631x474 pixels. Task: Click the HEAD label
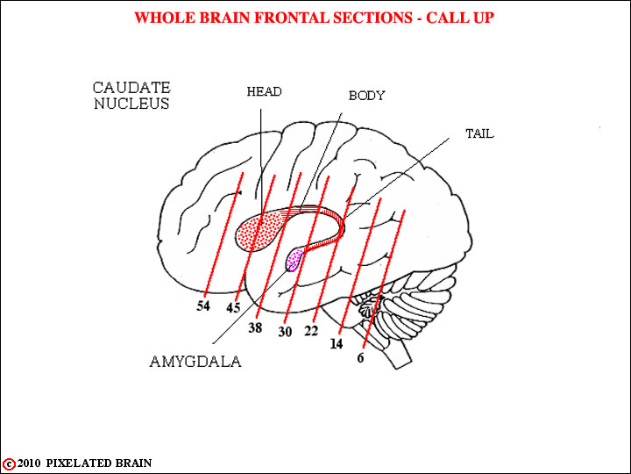coord(264,92)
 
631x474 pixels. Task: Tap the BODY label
coord(366,96)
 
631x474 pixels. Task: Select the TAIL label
coord(479,133)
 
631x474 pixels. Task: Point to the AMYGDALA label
coord(195,362)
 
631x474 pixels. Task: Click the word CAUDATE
coord(131,88)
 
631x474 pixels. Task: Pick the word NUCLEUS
coord(131,104)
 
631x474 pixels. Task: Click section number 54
coord(203,306)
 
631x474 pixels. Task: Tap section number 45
coord(233,308)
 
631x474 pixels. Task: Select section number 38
coord(255,327)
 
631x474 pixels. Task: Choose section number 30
coord(285,332)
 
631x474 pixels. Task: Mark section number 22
coord(311,331)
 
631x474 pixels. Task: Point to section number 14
coord(337,344)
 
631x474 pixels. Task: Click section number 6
coord(360,357)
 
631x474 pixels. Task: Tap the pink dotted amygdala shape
coord(294,260)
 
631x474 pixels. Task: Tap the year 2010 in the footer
coord(29,463)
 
